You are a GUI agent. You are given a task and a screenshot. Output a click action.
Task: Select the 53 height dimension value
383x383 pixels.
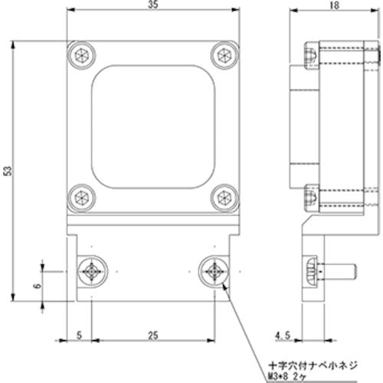pos(8,172)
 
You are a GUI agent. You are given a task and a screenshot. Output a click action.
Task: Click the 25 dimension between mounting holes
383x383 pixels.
pos(153,333)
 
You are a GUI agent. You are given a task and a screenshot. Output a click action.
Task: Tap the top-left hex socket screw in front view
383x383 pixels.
pos(82,56)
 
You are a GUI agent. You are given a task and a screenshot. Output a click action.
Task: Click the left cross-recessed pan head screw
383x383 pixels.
pos(91,270)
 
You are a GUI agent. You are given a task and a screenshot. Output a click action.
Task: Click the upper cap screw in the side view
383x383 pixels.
pos(312,57)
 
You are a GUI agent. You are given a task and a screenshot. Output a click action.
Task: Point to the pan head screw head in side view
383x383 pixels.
pos(311,270)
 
